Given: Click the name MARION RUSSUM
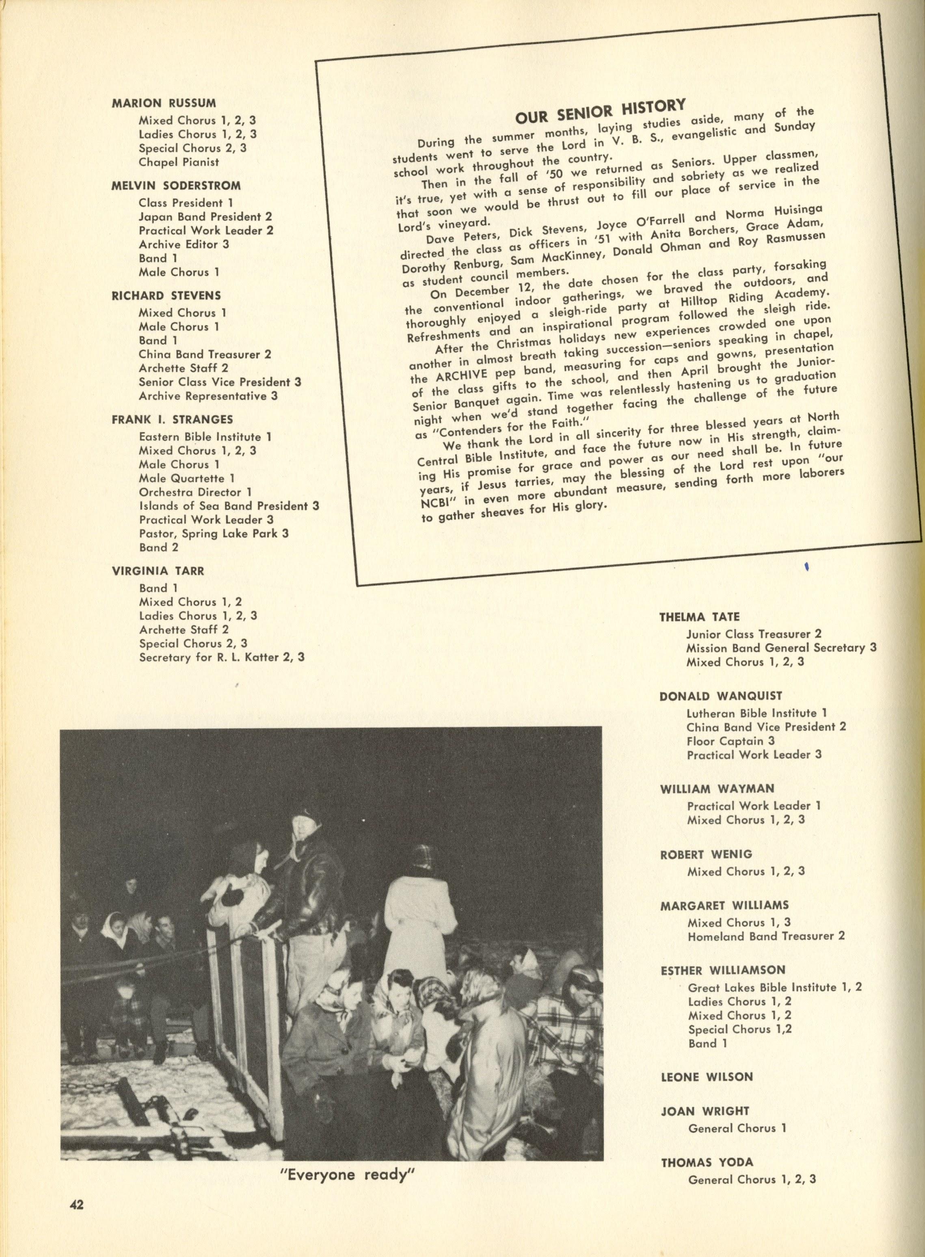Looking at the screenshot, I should pyautogui.click(x=164, y=103).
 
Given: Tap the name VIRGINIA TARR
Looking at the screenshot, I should pyautogui.click(x=158, y=571).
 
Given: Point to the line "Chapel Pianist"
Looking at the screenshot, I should pyautogui.click(x=179, y=162).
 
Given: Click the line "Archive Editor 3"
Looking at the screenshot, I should pyautogui.click(x=184, y=244).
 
